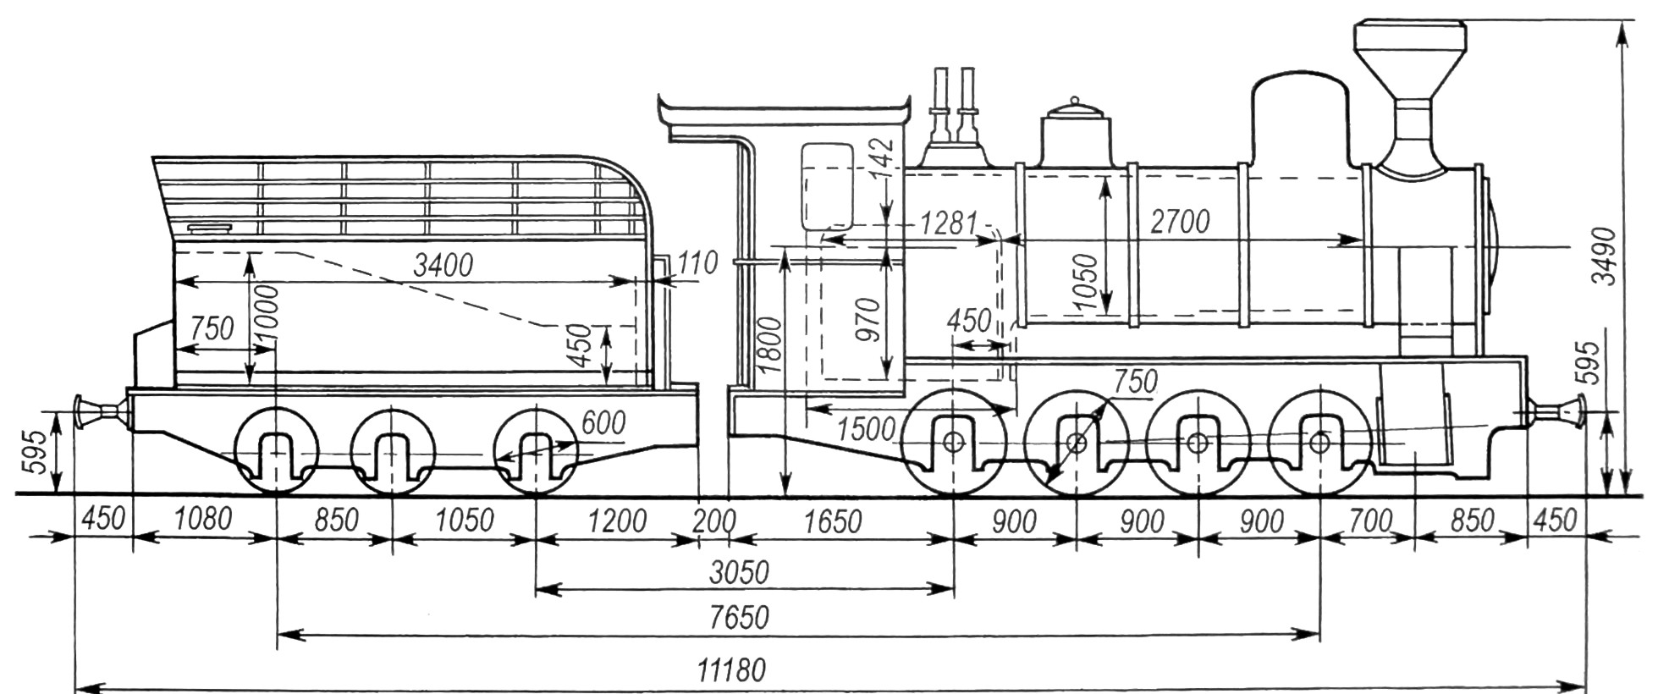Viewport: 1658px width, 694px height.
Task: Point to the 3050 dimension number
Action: point(739,573)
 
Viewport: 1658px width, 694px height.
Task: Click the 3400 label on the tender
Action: point(443,265)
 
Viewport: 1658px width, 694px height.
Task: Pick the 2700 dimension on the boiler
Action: point(1180,222)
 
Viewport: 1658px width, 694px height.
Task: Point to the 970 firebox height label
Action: point(868,318)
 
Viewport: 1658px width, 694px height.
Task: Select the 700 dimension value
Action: point(1368,521)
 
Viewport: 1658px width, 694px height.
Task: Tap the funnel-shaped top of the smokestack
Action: point(1409,62)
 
